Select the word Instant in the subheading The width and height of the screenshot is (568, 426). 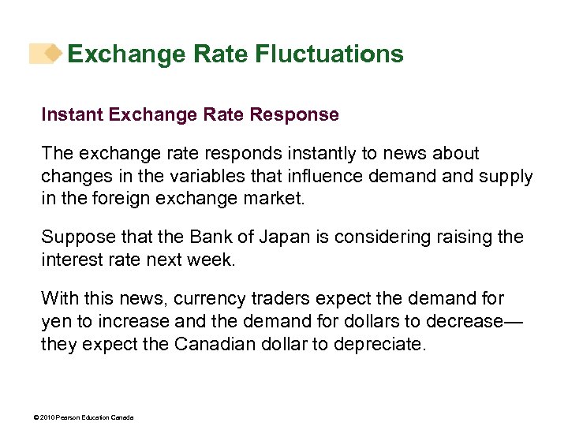(73, 114)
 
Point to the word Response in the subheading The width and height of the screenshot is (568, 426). (294, 114)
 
